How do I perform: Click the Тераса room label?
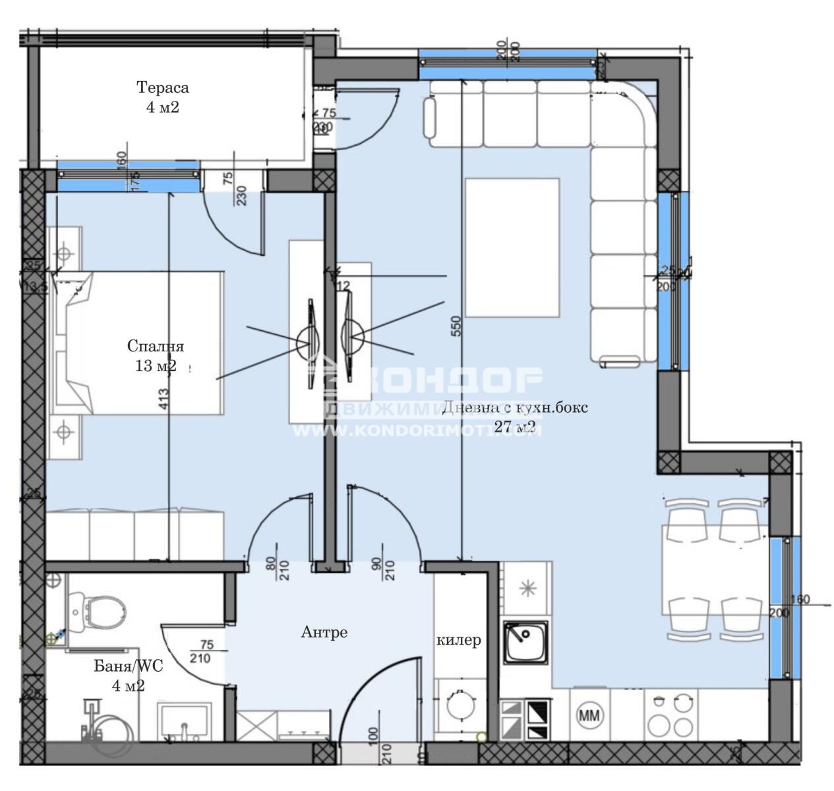tap(162, 87)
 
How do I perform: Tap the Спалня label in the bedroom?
tap(155, 346)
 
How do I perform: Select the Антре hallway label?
tap(324, 632)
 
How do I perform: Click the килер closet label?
tap(458, 639)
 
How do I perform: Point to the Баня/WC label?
tap(128, 666)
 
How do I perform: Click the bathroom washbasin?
tap(184, 721)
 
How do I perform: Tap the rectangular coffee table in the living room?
tap(512, 247)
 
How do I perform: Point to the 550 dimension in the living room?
tap(457, 327)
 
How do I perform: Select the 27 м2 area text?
tap(514, 426)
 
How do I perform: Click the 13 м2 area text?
tap(156, 366)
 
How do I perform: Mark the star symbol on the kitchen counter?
tap(527, 589)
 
